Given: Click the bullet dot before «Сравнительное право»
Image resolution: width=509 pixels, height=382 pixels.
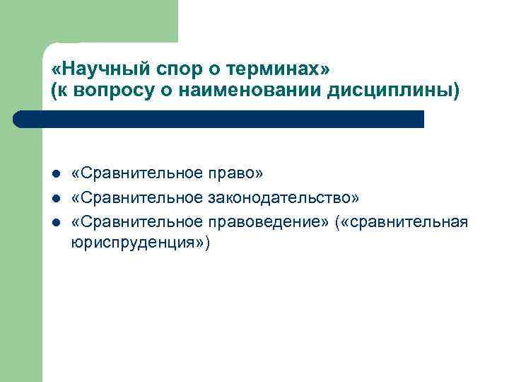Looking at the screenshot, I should coord(55,174).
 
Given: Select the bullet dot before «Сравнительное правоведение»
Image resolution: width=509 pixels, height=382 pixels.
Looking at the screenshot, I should coord(55,224).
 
